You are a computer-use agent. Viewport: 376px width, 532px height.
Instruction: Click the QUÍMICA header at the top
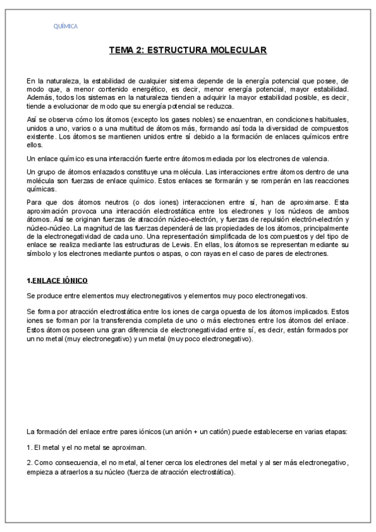pyautogui.click(x=65, y=26)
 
